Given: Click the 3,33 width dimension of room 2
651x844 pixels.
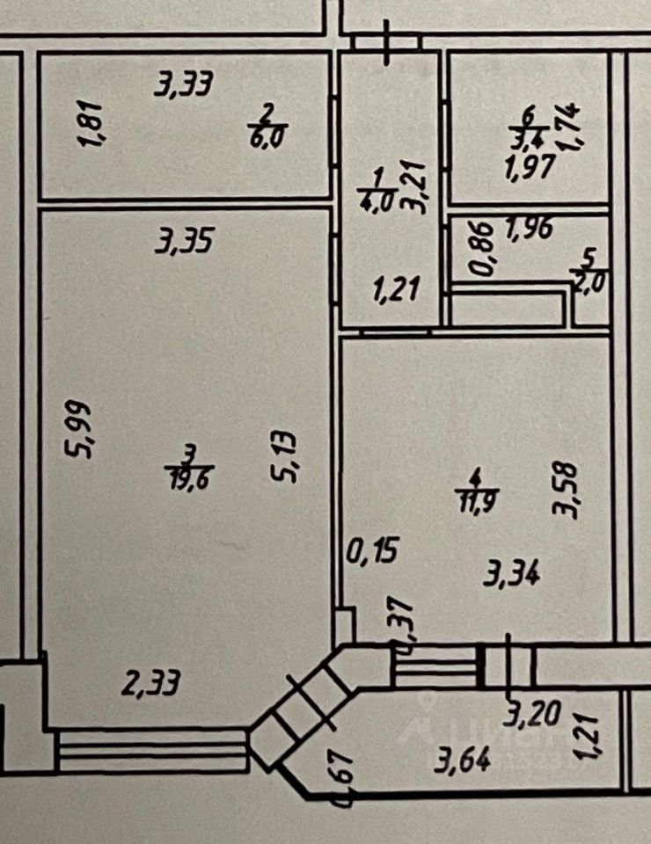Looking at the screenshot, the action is [x=184, y=86].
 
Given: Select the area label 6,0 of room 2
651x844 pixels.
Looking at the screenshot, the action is [x=271, y=137].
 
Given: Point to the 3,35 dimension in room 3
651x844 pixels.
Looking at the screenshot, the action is [x=184, y=242].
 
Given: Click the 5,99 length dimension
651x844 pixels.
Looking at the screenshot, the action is [x=80, y=428].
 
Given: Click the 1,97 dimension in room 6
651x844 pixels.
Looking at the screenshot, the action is [x=529, y=166].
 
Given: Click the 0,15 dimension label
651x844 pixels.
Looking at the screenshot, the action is [x=374, y=551].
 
